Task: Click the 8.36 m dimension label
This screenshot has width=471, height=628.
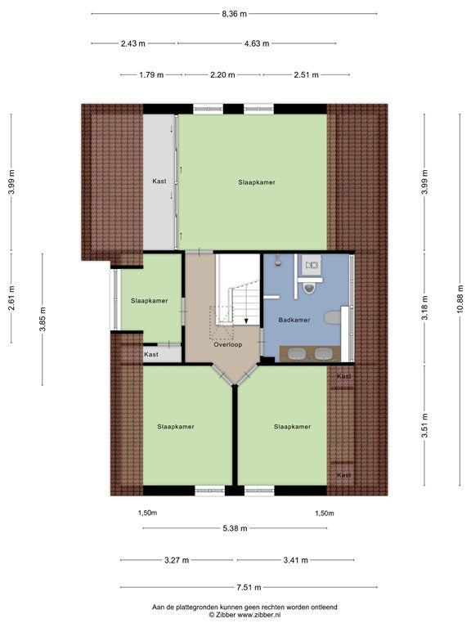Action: pos(235,14)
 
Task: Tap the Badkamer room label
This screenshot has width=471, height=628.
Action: pos(294,320)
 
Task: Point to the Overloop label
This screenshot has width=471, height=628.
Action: pos(228,344)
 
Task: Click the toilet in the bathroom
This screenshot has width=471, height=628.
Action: pos(309,287)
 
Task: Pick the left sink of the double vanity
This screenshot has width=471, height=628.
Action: pos(296,354)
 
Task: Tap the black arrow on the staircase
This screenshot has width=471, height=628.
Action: pos(246,321)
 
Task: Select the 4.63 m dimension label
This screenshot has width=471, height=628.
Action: pos(257,43)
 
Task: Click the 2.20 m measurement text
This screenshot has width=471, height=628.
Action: pos(222,74)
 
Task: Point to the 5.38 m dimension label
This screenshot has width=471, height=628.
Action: pos(235,528)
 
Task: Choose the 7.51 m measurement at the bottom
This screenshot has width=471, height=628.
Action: pos(249,588)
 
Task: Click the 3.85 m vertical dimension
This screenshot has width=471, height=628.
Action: pos(42,319)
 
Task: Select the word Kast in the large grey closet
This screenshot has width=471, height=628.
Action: pos(159,181)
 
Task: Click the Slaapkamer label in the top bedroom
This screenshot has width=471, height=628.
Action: pos(257,182)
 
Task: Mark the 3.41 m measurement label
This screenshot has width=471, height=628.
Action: pos(295,560)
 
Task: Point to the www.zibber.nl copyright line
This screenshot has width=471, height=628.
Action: pos(244,614)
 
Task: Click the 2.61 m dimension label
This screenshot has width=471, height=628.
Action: pos(11,298)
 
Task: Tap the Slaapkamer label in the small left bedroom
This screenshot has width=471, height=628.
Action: pos(150,301)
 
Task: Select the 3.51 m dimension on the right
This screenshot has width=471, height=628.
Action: pos(425,425)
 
